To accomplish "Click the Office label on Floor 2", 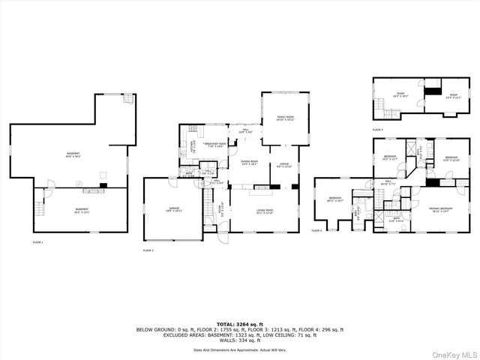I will [x=284, y=164].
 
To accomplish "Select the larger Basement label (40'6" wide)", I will [x=73, y=154].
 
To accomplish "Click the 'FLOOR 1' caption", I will [x=38, y=242].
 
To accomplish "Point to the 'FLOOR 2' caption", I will [x=147, y=250].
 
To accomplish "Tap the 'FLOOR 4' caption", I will [x=376, y=130].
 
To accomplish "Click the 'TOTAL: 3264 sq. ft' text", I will [x=239, y=323].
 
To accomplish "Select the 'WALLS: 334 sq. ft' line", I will [x=239, y=341].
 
